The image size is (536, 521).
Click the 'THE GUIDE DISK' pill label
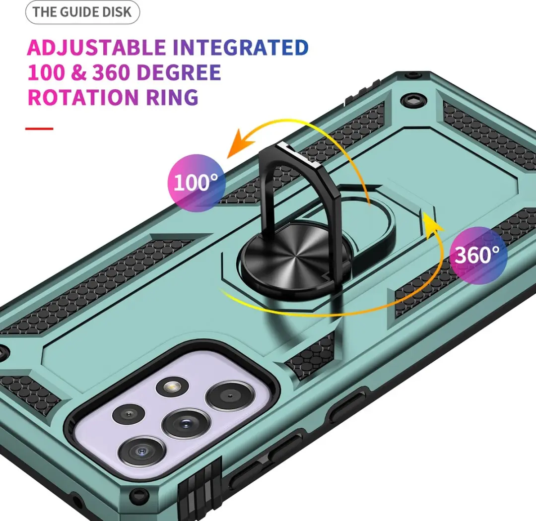pyautogui.click(x=82, y=12)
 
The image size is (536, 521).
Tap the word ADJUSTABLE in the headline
pyautogui.click(x=96, y=48)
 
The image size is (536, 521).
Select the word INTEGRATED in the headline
pyautogui.click(x=241, y=47)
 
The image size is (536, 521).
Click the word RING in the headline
pyautogui.click(x=172, y=97)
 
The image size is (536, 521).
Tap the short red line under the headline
pyautogui.click(x=39, y=129)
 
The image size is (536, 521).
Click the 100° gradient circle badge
pyautogui.click(x=196, y=183)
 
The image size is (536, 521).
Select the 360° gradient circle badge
pyautogui.click(x=477, y=255)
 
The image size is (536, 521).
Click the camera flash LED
pyautogui.click(x=172, y=387)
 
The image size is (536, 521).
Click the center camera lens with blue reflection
pyautogui.click(x=185, y=424)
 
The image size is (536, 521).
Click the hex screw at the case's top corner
pyautogui.click(x=413, y=101)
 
